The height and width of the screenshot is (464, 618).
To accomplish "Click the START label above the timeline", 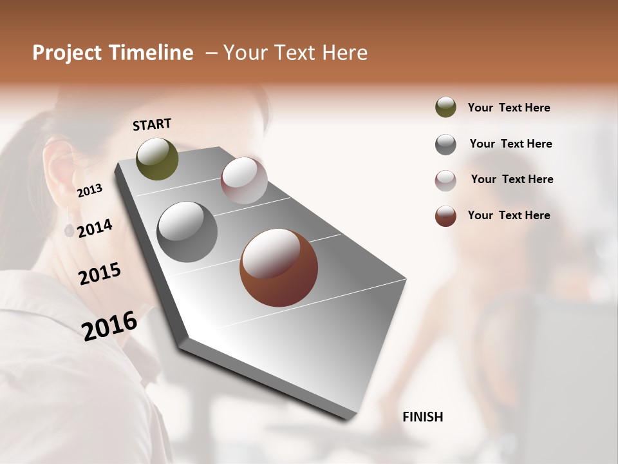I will coord(152,124).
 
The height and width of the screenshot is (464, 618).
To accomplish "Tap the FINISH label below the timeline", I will coord(422,417).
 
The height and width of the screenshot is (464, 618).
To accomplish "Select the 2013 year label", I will coord(89,191).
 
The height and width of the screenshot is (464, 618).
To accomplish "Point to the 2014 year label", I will coord(95,228).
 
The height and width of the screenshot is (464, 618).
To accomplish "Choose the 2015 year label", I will coord(100,274).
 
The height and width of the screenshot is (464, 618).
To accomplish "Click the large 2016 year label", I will coord(109,325).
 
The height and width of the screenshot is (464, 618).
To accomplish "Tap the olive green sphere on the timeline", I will coord(157,159).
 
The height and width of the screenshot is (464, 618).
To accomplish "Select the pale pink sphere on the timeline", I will coord(244,180).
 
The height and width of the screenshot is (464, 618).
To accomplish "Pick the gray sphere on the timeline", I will coord(187,232).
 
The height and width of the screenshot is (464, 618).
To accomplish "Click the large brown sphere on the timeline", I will coord(279,267).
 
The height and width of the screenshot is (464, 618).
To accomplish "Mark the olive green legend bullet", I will coord(445,108).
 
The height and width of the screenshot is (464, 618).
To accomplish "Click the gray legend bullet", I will coord(445,144).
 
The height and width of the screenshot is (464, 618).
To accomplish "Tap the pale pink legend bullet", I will coord(445,180).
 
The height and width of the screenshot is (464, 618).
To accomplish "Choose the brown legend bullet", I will coord(445,216).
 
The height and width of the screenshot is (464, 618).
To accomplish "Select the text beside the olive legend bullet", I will coord(509,108).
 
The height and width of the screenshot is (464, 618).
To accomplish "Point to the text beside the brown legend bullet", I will coord(509,215).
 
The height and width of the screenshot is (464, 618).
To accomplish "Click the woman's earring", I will coord(69,229).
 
